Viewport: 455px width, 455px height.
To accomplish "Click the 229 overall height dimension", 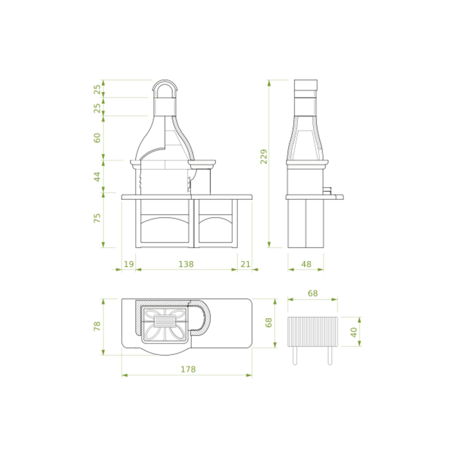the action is click(x=264, y=156).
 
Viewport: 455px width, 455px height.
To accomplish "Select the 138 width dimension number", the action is click(x=186, y=264).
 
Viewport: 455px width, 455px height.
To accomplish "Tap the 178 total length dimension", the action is click(x=188, y=369).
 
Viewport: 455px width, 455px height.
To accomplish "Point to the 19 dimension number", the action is click(x=129, y=264).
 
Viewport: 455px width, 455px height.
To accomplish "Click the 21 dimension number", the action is click(x=245, y=264).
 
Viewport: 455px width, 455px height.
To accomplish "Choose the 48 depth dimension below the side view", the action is click(x=306, y=264).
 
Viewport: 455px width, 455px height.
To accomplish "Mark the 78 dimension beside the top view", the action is click(x=97, y=326).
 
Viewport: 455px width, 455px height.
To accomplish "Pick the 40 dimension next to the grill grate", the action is click(x=354, y=332).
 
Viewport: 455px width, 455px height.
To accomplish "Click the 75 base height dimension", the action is click(x=97, y=218).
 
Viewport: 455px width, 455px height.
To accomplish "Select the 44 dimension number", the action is click(x=97, y=176).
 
